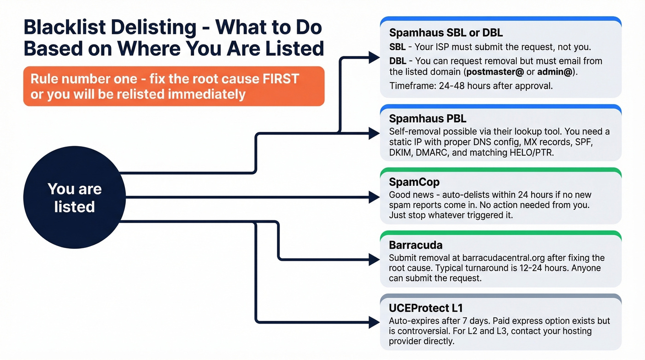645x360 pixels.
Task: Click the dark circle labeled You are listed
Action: click(x=74, y=198)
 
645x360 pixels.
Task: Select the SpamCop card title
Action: click(x=414, y=183)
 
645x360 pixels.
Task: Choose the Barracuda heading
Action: click(x=416, y=245)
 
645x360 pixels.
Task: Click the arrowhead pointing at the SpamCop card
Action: click(x=374, y=198)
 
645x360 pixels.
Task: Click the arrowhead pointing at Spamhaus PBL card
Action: click(x=374, y=133)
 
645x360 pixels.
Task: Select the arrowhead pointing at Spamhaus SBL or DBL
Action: click(x=374, y=58)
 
